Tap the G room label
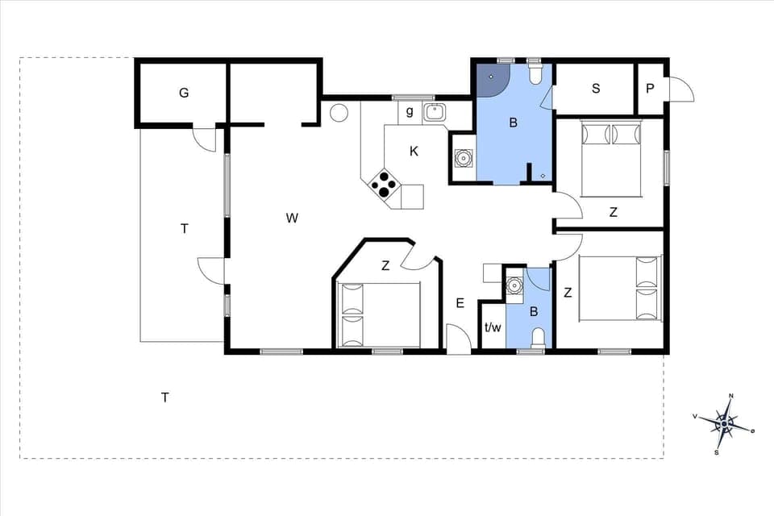[184, 93]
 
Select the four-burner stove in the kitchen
[384, 185]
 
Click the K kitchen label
[414, 151]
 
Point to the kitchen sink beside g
[435, 112]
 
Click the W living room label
[292, 218]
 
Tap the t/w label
[493, 328]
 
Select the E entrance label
[460, 304]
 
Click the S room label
[596, 89]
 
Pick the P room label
[651, 89]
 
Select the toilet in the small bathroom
[539, 338]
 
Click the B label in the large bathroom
[512, 123]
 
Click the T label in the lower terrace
[164, 397]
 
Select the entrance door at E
[458, 339]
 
